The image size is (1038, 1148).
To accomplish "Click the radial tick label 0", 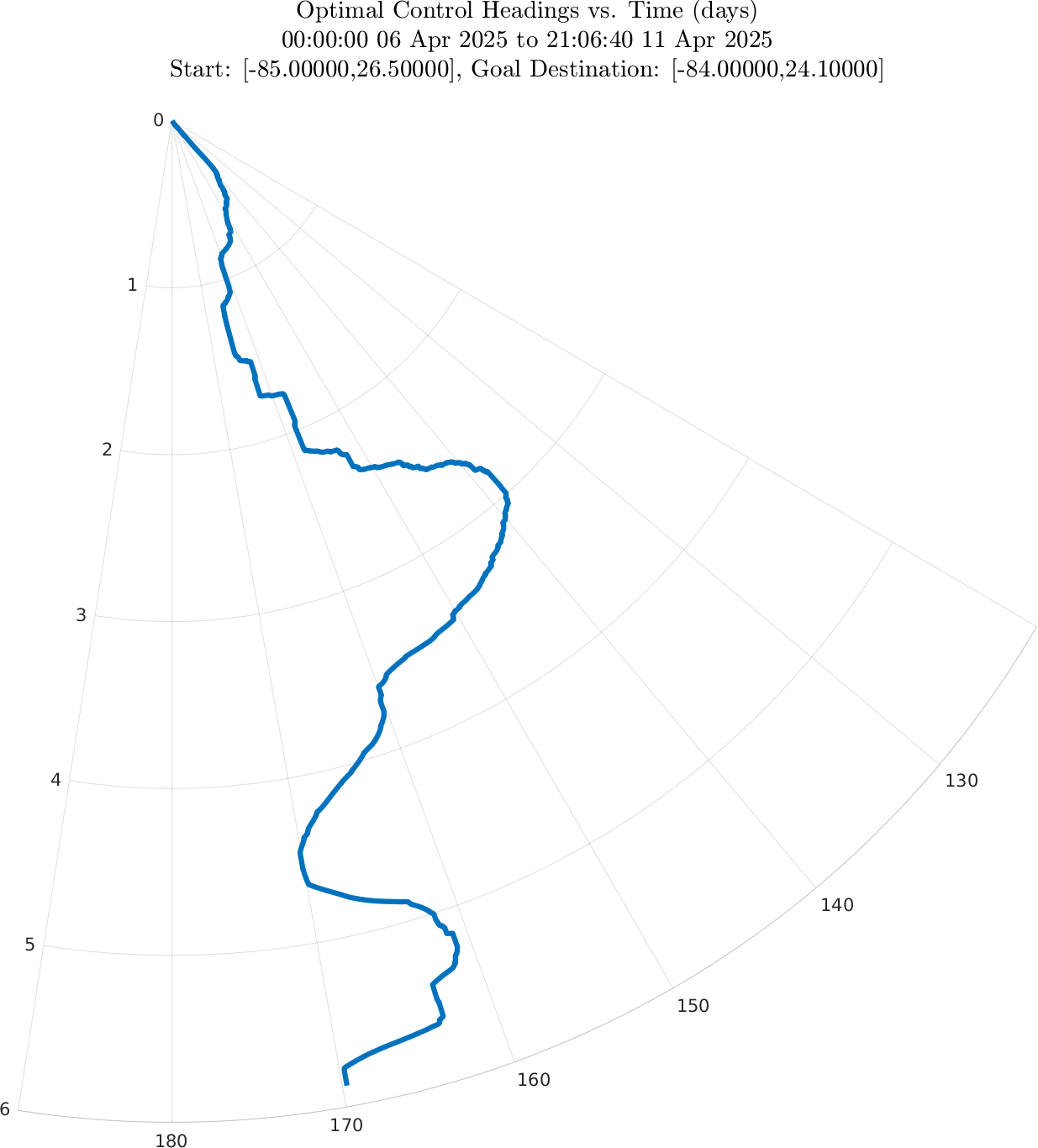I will coord(158,121).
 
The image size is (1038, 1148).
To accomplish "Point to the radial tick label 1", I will coord(132,286).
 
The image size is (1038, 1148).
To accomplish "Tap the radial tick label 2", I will coord(107,450).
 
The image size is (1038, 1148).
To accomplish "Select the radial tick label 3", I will coord(81,615).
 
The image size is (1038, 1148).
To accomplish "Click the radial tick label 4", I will coord(55,780).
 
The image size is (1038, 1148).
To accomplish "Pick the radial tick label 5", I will coord(30,945).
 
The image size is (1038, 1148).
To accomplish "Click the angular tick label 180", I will coord(171,1140).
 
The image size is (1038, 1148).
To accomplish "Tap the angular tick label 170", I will coord(346,1125).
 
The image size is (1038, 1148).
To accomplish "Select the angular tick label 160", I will coord(534,1080).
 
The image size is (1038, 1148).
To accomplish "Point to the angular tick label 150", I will coord(693,1006).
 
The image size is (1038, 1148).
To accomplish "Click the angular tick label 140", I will coord(837,905).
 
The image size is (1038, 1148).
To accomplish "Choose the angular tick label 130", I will coord(962,781).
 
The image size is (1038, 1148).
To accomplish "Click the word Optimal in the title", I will coord(330,12).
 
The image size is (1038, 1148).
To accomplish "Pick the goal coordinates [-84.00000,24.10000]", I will coord(777,70).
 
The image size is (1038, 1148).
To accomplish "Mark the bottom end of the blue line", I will coord(347,1083).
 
